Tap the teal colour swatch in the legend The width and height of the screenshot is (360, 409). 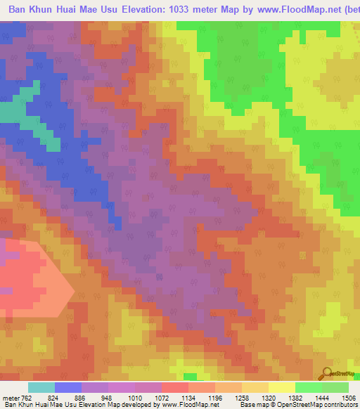[x=41, y=388]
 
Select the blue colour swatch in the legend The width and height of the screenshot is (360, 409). [x=68, y=388]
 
